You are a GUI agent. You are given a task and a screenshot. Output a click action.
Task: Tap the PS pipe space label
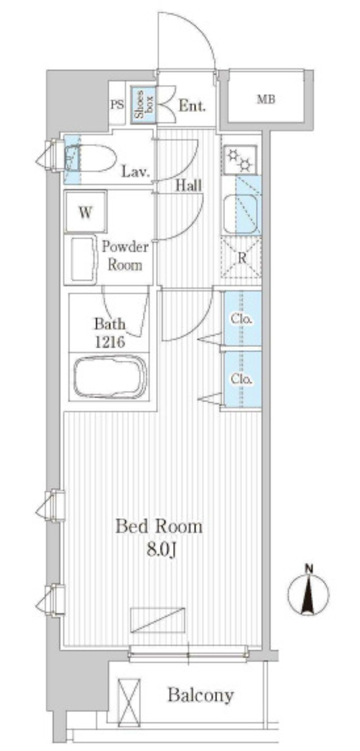tap(117, 104)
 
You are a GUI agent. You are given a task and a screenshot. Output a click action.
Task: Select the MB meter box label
tap(266, 100)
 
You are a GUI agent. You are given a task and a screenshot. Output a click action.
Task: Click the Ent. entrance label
tap(192, 106)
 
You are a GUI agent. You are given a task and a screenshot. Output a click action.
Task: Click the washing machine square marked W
tap(85, 212)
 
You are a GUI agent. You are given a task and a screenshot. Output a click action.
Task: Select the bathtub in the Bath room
tap(109, 376)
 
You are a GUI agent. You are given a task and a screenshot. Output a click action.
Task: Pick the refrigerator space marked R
tap(241, 259)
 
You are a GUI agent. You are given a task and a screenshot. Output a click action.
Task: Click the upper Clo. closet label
tap(242, 318)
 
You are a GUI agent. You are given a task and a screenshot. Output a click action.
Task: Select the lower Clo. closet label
tap(242, 379)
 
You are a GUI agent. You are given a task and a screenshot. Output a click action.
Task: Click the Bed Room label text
tap(160, 527)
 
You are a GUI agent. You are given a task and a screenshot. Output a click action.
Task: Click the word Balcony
tap(201, 695)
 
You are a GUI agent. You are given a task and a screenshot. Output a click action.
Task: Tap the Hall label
tap(188, 186)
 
